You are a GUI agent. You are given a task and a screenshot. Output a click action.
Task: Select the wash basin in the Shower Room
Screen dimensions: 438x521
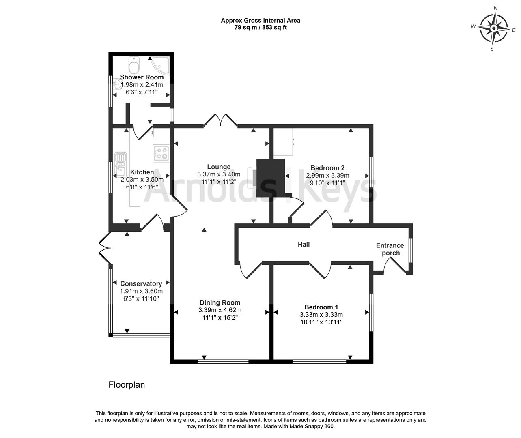(x=118, y=85)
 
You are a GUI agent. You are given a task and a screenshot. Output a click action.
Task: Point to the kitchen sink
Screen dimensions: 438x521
(x=121, y=161)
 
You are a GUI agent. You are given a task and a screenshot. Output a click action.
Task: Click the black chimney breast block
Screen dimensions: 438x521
(x=271, y=178)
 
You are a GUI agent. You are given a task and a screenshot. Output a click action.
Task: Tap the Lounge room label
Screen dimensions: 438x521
(x=219, y=167)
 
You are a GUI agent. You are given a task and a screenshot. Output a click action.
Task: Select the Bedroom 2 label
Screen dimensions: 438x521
(x=327, y=168)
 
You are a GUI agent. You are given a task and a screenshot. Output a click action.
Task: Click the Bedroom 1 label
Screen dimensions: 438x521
(x=321, y=307)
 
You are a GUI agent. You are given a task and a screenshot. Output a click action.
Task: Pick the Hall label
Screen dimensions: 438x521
(x=304, y=244)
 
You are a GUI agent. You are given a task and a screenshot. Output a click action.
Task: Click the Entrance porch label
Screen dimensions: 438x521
(x=390, y=249)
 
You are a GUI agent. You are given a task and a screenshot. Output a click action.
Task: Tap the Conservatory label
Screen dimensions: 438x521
(x=141, y=283)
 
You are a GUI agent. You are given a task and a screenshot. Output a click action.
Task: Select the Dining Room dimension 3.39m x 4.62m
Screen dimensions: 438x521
(x=220, y=310)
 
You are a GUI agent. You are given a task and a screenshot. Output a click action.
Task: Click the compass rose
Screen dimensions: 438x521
(x=493, y=28)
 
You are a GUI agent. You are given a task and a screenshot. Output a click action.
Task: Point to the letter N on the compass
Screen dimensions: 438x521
(x=495, y=8)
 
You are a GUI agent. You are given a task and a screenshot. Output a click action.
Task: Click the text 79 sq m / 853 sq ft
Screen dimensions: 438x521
(x=260, y=28)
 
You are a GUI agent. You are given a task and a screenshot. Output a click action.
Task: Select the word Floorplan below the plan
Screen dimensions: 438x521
(x=127, y=384)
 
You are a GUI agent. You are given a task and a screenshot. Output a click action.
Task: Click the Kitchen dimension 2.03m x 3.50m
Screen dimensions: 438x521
(x=142, y=180)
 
